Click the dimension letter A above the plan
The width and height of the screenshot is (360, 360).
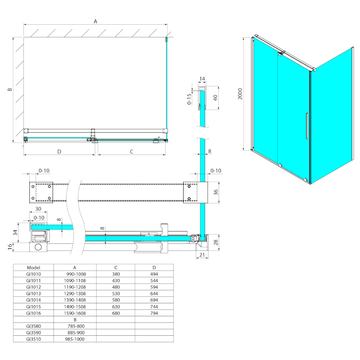(95, 21)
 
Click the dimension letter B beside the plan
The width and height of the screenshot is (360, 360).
(10, 89)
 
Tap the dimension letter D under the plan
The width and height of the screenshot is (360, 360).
(59, 152)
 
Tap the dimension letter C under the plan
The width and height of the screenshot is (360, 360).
(131, 152)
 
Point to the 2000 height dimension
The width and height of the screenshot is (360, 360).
(240, 94)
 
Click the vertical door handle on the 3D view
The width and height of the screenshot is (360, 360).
(307, 126)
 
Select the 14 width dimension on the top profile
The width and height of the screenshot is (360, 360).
(202, 79)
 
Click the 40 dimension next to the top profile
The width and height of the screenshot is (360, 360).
(216, 98)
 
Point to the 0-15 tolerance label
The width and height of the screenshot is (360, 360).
(189, 99)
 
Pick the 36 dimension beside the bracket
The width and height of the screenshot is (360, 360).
(216, 192)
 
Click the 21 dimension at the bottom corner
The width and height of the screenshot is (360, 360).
(202, 255)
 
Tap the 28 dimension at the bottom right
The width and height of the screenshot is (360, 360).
(216, 243)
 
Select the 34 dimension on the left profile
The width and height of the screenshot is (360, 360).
(15, 233)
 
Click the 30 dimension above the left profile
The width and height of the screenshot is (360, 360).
(38, 209)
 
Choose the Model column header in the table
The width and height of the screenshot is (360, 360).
(33, 267)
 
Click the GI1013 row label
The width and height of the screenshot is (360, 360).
(33, 293)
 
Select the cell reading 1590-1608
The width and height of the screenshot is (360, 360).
(75, 313)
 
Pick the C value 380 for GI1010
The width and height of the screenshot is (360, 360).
(116, 274)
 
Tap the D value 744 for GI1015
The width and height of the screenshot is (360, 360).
(154, 306)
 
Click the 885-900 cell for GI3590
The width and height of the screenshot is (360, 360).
(76, 333)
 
